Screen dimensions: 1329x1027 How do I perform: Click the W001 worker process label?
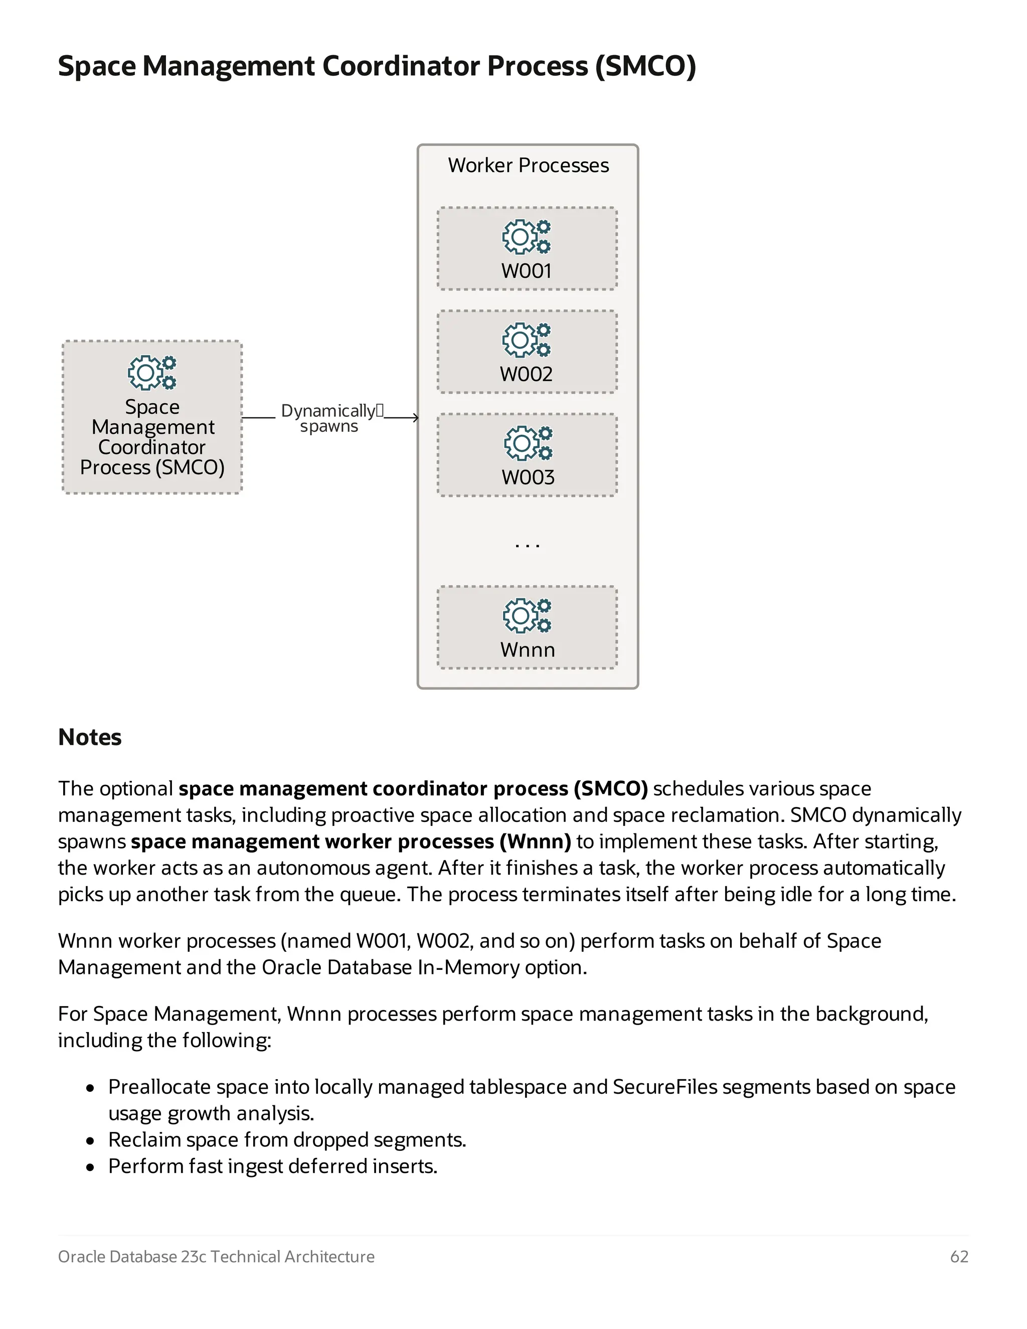click(526, 271)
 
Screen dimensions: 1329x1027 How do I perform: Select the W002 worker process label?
click(526, 374)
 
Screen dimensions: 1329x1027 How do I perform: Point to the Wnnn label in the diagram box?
click(528, 650)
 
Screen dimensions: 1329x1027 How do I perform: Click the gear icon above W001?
click(526, 237)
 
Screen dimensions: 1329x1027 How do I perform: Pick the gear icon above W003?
click(528, 443)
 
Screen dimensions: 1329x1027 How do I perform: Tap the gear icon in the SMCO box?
click(151, 373)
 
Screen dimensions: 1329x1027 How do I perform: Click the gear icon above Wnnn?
click(527, 615)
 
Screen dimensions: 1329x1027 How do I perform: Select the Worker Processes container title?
click(528, 165)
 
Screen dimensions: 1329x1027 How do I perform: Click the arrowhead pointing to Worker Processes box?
click(416, 417)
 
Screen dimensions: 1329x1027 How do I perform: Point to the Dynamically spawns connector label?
click(329, 418)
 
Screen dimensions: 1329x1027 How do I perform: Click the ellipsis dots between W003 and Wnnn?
click(527, 546)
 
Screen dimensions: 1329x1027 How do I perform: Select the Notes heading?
click(90, 737)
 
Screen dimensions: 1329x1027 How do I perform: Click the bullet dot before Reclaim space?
click(90, 1141)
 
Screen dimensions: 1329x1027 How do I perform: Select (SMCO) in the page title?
click(645, 66)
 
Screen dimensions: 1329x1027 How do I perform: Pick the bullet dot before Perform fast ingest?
click(90, 1167)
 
